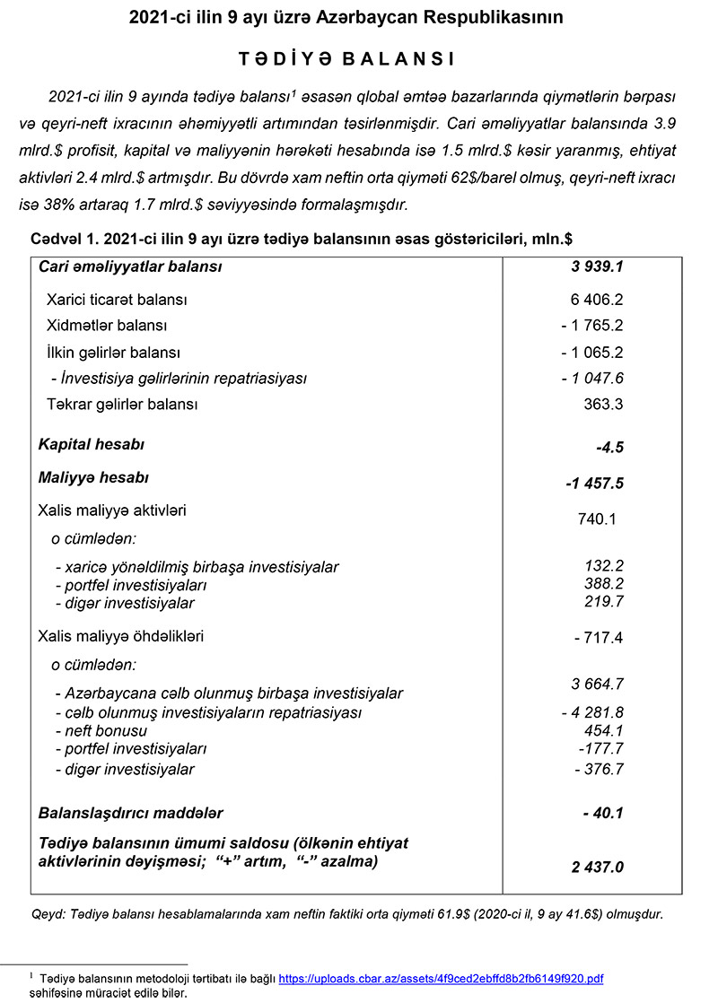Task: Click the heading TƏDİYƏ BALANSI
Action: point(346,59)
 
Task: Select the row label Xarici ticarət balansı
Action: point(117,300)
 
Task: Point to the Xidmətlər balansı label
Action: point(107,326)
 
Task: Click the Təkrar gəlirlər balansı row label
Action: point(122,405)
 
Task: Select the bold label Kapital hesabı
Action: point(92,444)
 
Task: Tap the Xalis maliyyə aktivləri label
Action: point(112,510)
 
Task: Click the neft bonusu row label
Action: point(101,731)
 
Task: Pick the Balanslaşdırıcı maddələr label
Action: point(130,813)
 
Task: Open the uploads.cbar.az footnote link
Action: point(441,979)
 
